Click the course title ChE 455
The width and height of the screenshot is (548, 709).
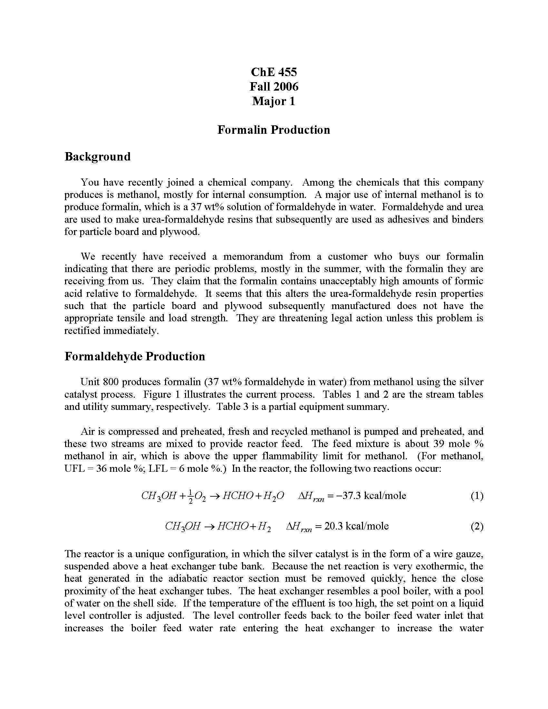274,72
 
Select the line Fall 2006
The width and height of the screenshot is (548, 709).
274,86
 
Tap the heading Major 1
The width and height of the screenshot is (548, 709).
274,101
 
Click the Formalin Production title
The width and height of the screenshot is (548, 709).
274,130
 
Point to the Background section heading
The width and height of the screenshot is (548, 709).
97,157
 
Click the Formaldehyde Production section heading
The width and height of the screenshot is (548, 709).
135,356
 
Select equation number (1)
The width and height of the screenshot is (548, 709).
476,496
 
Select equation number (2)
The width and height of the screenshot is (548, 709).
476,526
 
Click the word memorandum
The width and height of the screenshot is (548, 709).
253,257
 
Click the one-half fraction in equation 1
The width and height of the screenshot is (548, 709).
191,497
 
